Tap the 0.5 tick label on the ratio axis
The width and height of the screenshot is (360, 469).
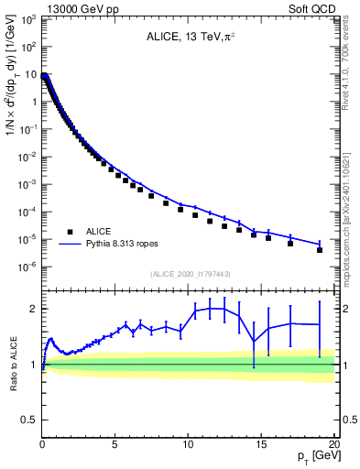pyautogui.click(x=29, y=420)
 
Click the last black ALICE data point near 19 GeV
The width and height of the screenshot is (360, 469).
pyautogui.click(x=319, y=249)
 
